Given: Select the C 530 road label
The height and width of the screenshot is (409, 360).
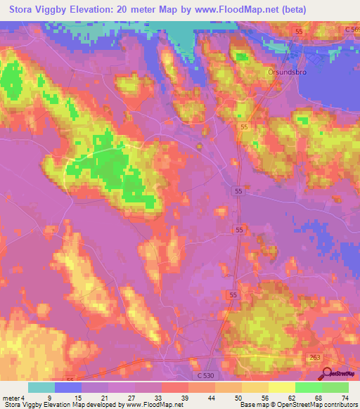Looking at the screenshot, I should pos(206,376).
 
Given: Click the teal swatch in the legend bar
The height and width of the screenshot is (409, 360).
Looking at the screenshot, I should pos(41,387).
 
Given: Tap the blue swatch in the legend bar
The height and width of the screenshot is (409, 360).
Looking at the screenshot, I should pos(68,387).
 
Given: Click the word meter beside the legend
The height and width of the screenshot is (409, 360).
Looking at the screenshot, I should pos(12,398).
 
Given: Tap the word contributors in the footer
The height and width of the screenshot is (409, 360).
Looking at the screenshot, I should pos(340,405).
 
